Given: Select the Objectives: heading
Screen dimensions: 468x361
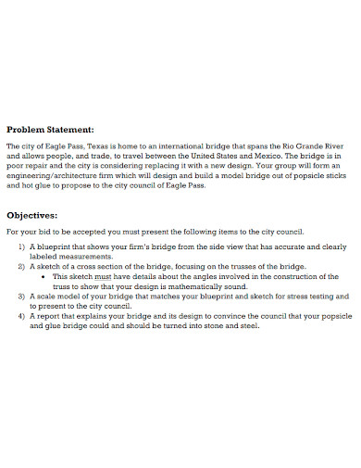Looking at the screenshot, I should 38,212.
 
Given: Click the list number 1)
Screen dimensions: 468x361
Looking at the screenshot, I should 23,247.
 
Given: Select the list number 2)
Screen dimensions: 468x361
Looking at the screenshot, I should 23,266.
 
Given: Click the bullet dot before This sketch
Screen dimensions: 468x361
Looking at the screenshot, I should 45,276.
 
